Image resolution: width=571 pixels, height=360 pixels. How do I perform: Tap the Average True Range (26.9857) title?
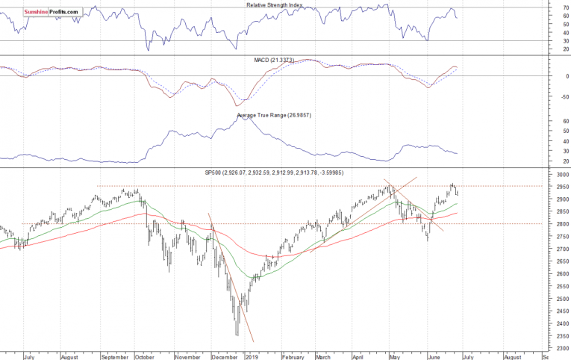[274, 115]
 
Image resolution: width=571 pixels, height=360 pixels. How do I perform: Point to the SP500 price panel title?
[286, 173]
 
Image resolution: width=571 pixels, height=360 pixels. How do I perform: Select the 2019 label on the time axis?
[252, 356]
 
